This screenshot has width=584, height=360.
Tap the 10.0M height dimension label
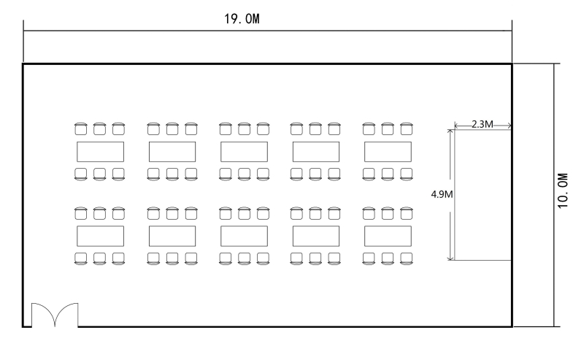point(562,192)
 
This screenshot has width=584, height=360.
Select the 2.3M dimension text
point(481,124)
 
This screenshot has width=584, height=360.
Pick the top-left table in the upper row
point(100,152)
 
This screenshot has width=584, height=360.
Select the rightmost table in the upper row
point(388,152)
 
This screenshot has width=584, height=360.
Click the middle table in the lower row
point(244,236)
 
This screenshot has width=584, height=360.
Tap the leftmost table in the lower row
point(100,236)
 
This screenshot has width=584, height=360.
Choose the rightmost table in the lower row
point(388,236)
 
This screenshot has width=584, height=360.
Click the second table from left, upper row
point(172,152)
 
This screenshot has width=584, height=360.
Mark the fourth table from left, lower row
point(316,236)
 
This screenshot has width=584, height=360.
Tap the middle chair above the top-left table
point(100,129)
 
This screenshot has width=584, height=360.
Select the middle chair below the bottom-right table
point(388,258)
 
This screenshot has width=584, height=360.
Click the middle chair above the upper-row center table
point(244,129)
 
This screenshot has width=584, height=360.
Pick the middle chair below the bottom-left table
point(100,258)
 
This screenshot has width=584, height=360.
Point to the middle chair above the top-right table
point(388,129)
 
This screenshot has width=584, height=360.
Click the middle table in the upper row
point(244,152)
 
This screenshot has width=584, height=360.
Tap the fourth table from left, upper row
point(316,152)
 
